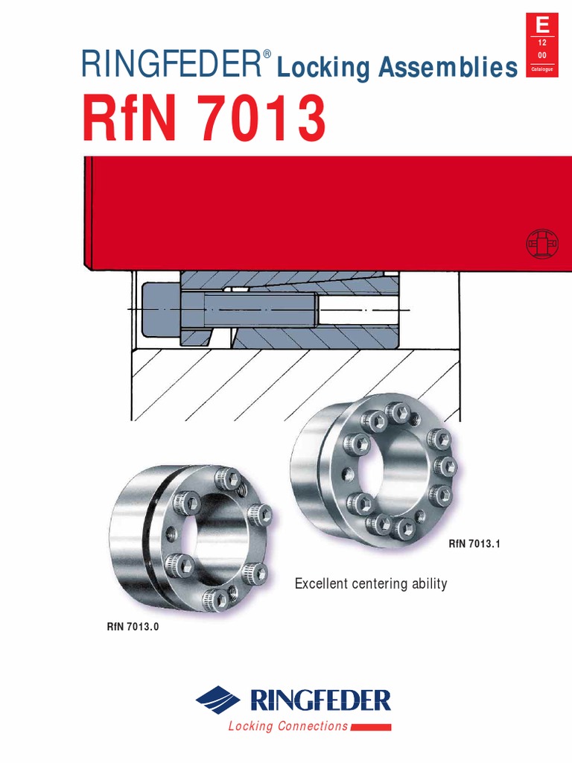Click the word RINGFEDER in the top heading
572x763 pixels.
pyautogui.click(x=170, y=66)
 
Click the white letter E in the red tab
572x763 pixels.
pyautogui.click(x=542, y=25)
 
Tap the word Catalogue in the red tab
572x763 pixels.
pyautogui.click(x=542, y=69)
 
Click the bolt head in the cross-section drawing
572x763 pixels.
pyautogui.click(x=160, y=308)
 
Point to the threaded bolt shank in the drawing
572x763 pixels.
pyautogui.click(x=261, y=307)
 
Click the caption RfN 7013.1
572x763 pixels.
pyautogui.click(x=473, y=545)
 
